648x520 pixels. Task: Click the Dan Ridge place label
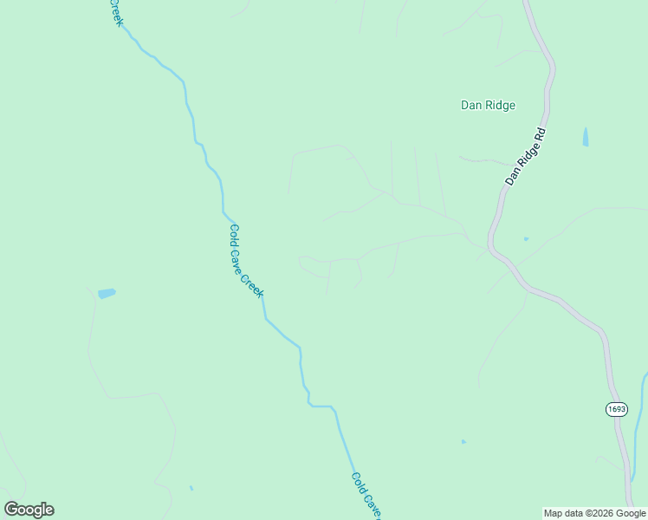(x=488, y=106)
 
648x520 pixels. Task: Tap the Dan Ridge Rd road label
(x=526, y=156)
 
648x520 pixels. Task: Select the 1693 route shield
(x=616, y=409)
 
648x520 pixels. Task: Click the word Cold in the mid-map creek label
(x=235, y=236)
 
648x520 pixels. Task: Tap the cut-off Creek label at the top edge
(x=115, y=12)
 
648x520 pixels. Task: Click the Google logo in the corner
(x=29, y=510)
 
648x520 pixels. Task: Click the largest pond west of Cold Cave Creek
(x=107, y=294)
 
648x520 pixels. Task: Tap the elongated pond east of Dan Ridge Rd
(x=586, y=136)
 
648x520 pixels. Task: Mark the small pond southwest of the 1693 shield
(x=463, y=442)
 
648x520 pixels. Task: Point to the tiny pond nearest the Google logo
(x=191, y=489)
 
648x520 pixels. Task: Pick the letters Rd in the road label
(x=539, y=136)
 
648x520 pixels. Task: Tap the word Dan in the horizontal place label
(x=470, y=106)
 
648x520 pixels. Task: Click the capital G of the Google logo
(x=11, y=510)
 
